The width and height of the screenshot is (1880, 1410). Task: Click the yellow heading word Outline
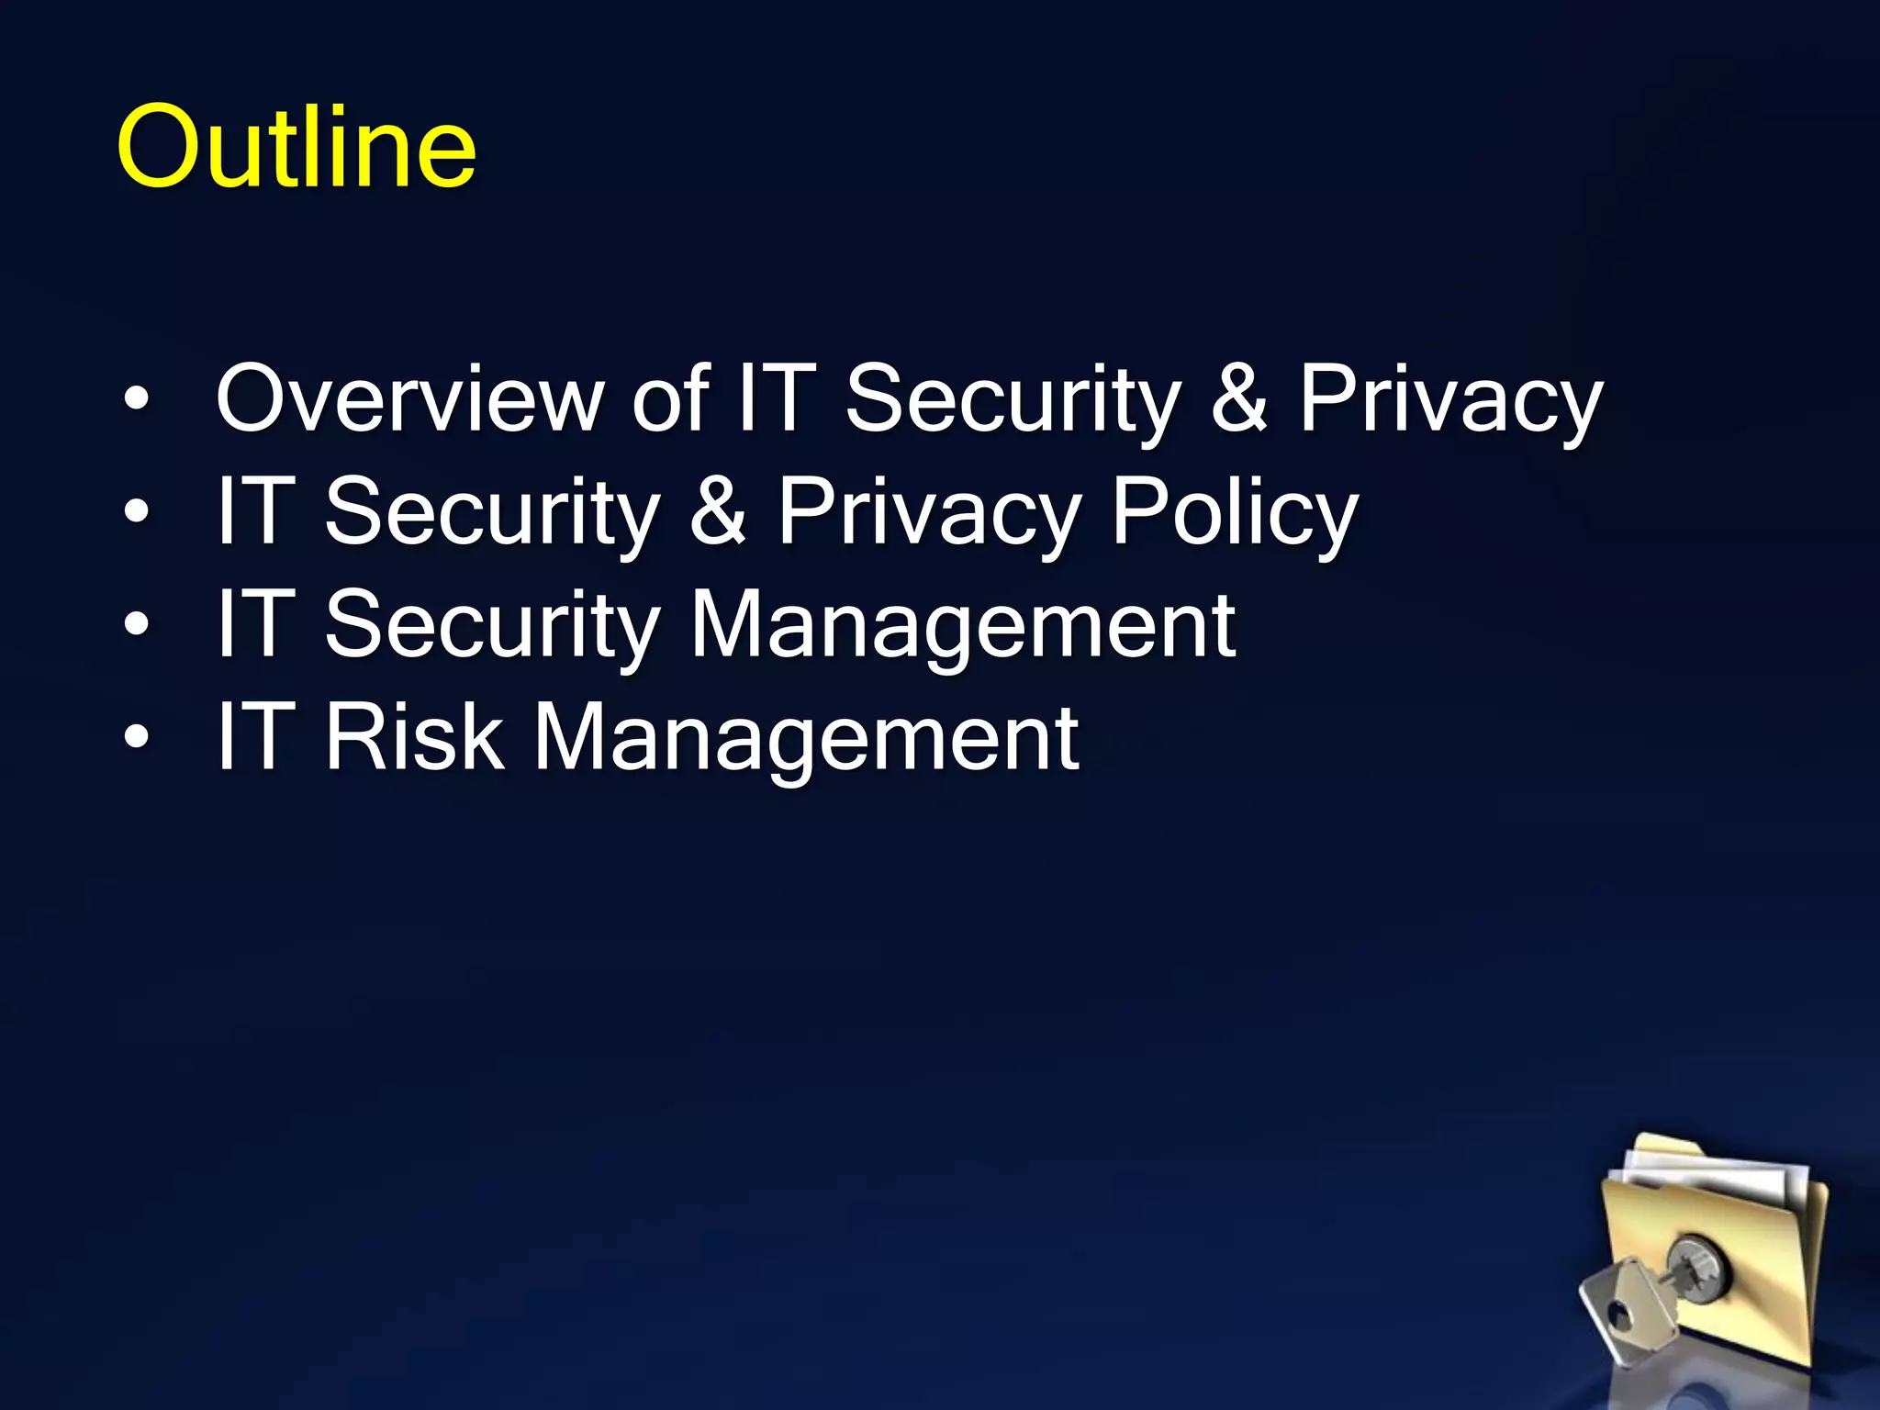coord(296,147)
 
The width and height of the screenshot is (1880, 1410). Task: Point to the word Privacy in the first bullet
coord(1450,400)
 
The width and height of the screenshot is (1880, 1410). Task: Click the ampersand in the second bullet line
coord(718,511)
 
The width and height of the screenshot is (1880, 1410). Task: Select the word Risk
coord(414,737)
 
